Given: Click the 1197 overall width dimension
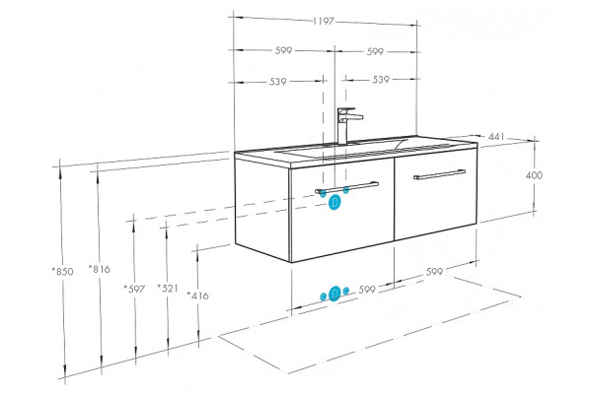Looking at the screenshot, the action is coord(324,21).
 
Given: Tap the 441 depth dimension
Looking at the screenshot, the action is coord(496,137).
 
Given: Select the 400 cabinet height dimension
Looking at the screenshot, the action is coord(534,175).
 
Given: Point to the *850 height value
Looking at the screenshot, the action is coord(62,272).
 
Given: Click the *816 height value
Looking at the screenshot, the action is coord(100,269).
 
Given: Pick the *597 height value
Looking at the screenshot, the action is coord(134,290).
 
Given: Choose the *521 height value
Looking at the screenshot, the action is coord(168,289).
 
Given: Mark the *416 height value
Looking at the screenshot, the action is coord(198,295).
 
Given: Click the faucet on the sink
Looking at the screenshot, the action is coord(347,125).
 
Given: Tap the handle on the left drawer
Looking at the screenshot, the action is coord(347,188).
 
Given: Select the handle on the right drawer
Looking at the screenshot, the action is coord(439,174).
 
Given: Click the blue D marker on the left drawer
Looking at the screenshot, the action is coord(334,202).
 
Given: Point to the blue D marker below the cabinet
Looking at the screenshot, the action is coord(334,294).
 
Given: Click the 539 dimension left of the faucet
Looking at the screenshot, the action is coord(278,82).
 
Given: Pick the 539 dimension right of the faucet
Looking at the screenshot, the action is coord(381,80).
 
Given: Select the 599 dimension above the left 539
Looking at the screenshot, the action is coord(283,50).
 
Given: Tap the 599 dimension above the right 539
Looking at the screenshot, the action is coord(375,51).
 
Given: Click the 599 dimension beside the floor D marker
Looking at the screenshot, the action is coord(367,290).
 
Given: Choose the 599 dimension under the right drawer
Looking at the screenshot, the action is coord(434,272).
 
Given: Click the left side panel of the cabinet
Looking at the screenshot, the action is coord(262,209).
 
